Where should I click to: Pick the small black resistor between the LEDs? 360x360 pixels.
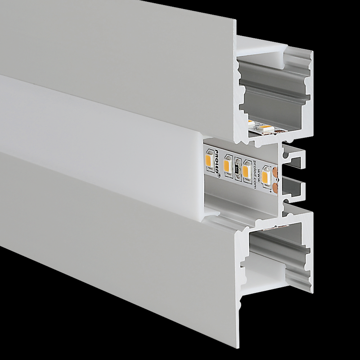[237, 166]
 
